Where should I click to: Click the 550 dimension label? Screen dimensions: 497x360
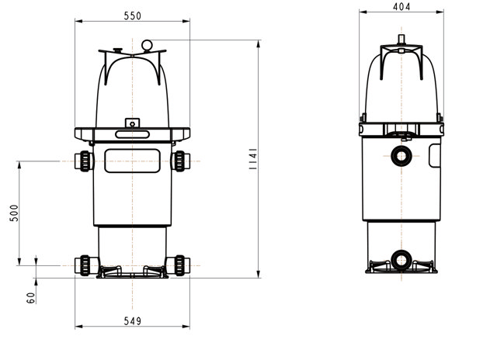[x=133, y=16]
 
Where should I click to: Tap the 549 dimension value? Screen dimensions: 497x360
[x=133, y=321]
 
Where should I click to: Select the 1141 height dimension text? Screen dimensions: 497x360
[x=253, y=158]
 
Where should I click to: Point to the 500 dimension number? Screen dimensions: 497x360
[x=14, y=213]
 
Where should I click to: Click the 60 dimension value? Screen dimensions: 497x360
[x=31, y=298]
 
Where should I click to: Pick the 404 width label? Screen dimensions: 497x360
[x=401, y=7]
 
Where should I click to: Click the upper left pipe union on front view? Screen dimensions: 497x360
[x=84, y=161]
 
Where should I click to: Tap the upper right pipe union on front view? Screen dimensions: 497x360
[x=181, y=161]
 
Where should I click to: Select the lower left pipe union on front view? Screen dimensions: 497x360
[x=85, y=265]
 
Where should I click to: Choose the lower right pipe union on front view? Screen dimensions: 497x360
[x=179, y=265]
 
